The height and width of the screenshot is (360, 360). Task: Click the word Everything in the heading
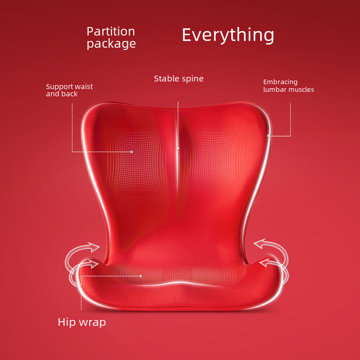228,35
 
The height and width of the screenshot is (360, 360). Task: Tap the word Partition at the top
111,31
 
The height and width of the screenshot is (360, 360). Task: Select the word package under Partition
111,44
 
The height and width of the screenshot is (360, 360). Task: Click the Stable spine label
179,79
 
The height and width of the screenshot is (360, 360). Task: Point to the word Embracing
280,82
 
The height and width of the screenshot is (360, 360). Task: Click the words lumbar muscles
288,89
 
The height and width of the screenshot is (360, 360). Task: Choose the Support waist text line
69,86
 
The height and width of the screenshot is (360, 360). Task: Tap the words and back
62,94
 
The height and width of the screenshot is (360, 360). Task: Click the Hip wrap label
82,322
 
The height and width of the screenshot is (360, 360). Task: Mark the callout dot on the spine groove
178,148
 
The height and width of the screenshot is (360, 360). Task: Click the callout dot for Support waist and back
131,152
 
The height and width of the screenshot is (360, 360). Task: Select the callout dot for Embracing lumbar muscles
268,136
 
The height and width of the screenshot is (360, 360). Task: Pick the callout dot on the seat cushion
141,276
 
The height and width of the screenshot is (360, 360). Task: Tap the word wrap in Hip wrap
92,323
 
